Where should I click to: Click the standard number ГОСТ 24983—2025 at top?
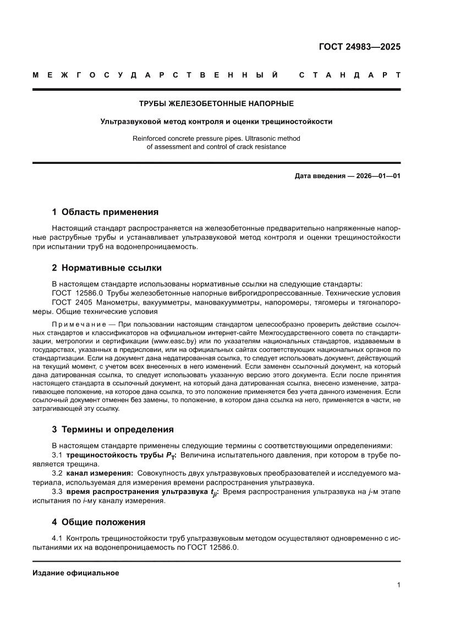(360, 47)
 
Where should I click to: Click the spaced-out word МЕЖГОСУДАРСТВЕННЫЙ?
(155, 75)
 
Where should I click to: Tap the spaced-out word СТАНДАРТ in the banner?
(349, 75)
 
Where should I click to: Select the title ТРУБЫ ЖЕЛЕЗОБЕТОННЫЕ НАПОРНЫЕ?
(216, 103)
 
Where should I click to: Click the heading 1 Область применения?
(105, 212)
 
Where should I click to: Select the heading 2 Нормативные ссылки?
(107, 268)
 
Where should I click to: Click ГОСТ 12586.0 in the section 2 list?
(78, 293)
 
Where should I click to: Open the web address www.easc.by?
(174, 342)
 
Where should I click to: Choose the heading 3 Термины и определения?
(113, 430)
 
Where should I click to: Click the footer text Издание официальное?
(76, 573)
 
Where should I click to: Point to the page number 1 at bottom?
(398, 585)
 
